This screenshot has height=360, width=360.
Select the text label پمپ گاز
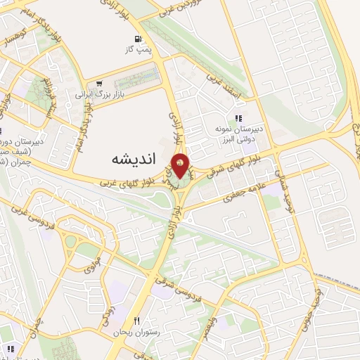(139, 50)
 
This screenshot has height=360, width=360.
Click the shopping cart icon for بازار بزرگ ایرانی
(100, 82)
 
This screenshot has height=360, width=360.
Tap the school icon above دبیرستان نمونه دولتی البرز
(239, 118)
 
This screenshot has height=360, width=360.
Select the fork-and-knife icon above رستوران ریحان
(146, 320)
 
